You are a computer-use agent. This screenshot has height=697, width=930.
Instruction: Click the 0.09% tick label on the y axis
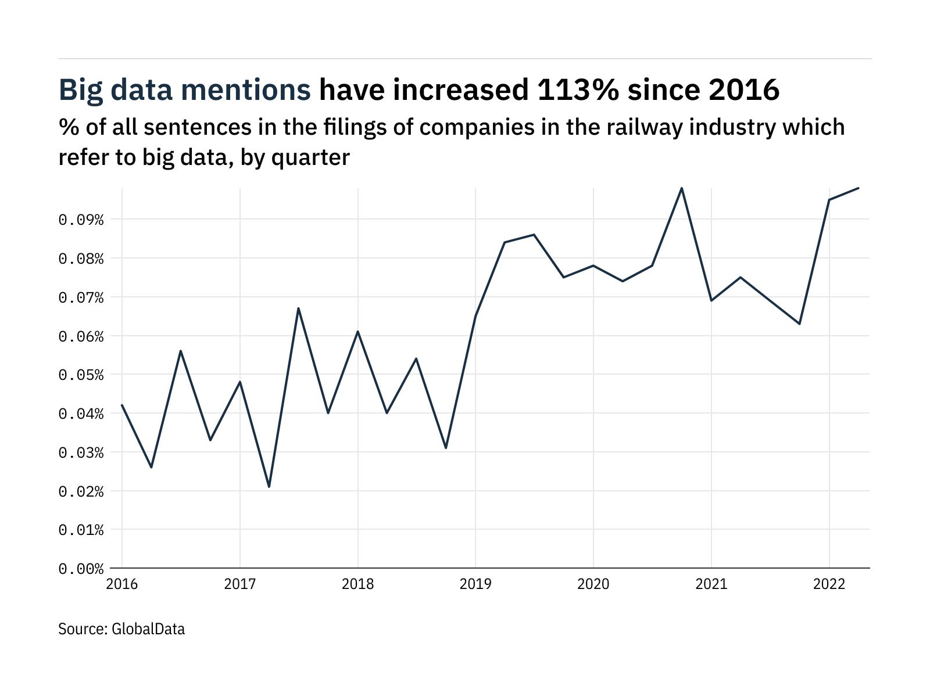coord(81,220)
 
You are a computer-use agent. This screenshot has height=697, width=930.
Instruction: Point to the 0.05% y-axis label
coord(81,375)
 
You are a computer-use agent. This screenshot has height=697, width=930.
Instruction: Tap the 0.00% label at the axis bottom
coord(81,569)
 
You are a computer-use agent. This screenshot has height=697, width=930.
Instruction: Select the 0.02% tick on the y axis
coord(81,491)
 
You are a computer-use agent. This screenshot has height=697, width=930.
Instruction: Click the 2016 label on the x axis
coord(122,584)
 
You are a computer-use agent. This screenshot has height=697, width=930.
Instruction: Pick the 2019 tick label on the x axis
coord(475,584)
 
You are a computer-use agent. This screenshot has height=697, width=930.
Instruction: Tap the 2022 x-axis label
coord(829,584)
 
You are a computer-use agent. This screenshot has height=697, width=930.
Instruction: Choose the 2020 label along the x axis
coord(593,584)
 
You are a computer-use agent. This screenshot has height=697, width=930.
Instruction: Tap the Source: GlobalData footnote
coord(121,629)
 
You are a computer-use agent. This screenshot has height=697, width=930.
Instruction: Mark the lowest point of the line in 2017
coord(269,487)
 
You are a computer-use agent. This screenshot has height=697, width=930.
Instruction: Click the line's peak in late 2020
coord(682,188)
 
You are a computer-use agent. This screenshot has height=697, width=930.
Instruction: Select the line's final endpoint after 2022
coord(859,188)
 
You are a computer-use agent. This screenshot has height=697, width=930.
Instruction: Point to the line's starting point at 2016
coord(122,405)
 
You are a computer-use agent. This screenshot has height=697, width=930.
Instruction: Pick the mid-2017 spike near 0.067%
coord(298,308)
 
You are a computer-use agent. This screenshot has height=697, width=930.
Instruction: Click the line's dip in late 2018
coord(446,448)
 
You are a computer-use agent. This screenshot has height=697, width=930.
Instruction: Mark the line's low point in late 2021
coord(800,324)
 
